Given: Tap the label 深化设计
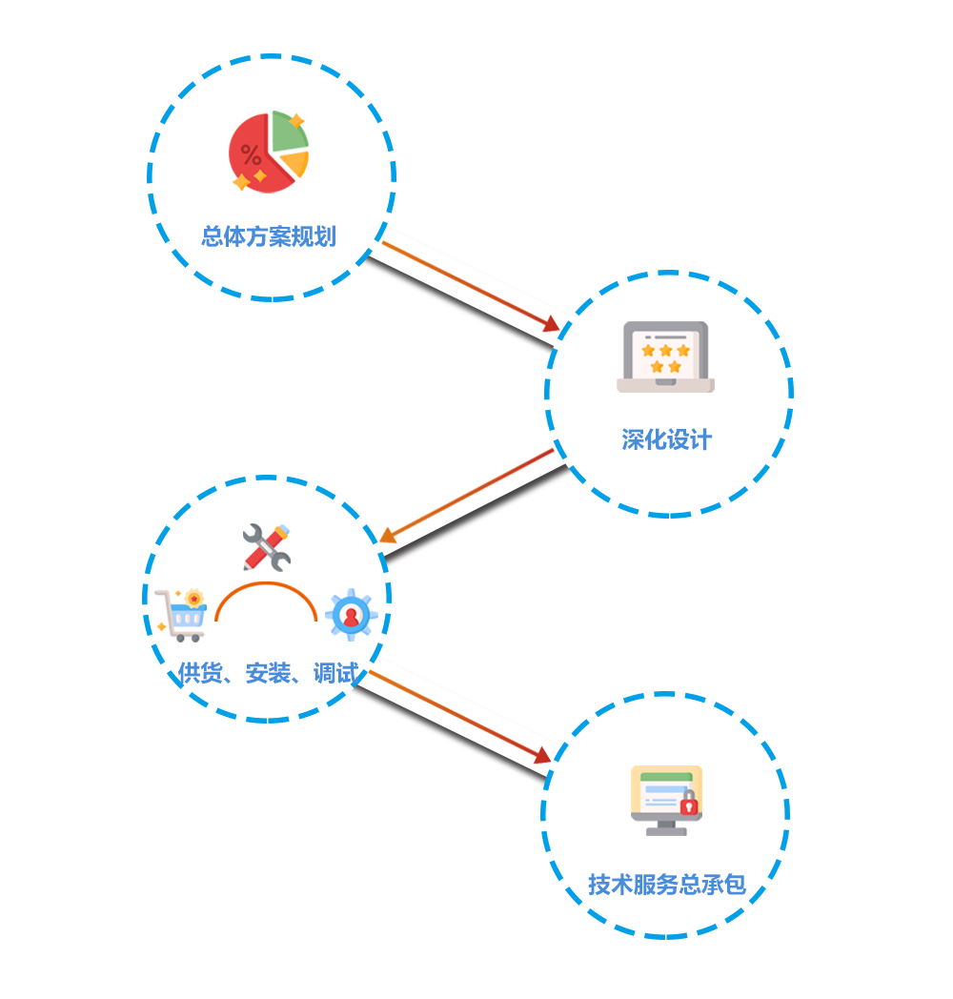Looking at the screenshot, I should pyautogui.click(x=666, y=440).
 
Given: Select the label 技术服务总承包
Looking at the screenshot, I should pyautogui.click(x=665, y=886).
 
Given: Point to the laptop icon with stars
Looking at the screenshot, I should pyautogui.click(x=665, y=357).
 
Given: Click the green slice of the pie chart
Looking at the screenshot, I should pyautogui.click(x=287, y=132).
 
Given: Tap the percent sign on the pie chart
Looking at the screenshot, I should pyautogui.click(x=251, y=155).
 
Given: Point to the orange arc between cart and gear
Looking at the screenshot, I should pyautogui.click(x=266, y=586).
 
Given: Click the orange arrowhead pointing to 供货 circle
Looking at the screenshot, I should pyautogui.click(x=388, y=537).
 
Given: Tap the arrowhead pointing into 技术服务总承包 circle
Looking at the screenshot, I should pyautogui.click(x=543, y=755).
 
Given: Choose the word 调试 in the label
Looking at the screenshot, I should pyautogui.click(x=335, y=674).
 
